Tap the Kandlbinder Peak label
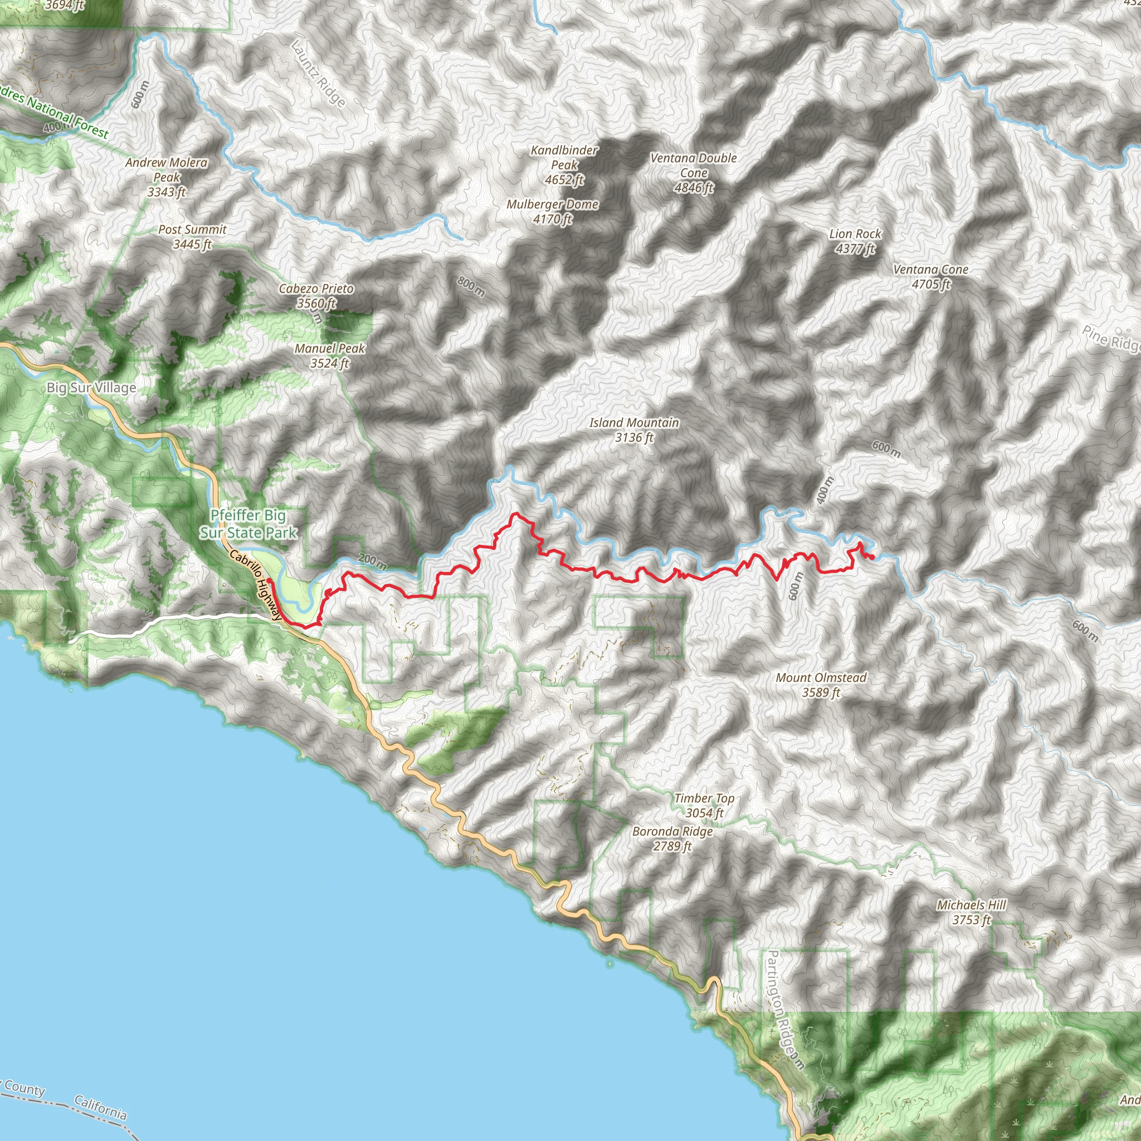(x=564, y=165)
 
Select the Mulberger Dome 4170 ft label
(x=552, y=211)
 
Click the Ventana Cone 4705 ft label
(x=931, y=276)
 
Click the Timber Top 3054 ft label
(x=705, y=806)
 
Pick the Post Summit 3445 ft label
(x=193, y=236)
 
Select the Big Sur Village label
(x=91, y=388)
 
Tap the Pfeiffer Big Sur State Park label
(x=248, y=524)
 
